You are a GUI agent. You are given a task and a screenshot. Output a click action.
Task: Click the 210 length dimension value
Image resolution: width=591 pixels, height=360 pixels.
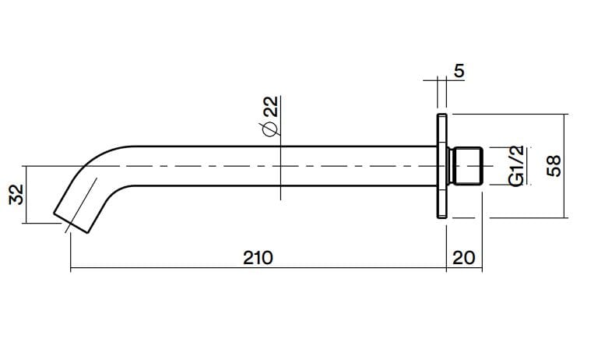(x=257, y=257)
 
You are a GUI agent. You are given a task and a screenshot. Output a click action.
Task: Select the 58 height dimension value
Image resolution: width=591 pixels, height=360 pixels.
(x=554, y=166)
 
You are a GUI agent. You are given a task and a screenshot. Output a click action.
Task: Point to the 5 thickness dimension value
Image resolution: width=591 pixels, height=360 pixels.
(x=458, y=72)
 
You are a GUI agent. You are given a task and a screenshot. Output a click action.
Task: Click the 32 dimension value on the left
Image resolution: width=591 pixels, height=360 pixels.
(x=14, y=194)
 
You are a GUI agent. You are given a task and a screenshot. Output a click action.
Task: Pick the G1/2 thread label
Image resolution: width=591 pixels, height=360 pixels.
(x=515, y=166)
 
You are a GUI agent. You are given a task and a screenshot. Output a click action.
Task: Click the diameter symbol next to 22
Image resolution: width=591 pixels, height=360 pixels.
(x=270, y=130)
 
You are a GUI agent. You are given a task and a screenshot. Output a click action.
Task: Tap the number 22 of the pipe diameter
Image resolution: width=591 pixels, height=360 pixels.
(x=270, y=108)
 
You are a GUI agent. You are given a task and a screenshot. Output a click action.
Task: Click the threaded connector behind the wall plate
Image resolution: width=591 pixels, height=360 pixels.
(x=466, y=166)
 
